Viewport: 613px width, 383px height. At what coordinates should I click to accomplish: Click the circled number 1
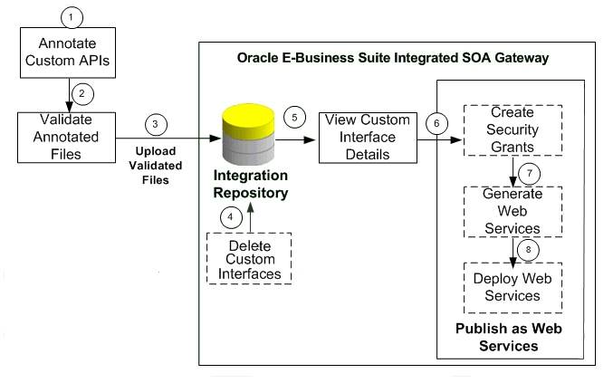pyautogui.click(x=72, y=17)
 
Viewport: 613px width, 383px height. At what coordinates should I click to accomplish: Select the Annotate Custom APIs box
pyautogui.click(x=68, y=53)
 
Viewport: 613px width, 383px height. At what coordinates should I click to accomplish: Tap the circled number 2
pyautogui.click(x=82, y=94)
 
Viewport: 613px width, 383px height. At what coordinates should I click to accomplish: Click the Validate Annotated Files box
pyautogui.click(x=66, y=138)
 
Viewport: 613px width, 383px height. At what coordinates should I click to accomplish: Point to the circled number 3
pyautogui.click(x=156, y=125)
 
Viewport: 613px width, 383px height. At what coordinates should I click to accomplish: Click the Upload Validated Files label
pyautogui.click(x=156, y=166)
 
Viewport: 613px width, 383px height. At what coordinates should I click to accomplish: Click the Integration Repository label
pyautogui.click(x=251, y=184)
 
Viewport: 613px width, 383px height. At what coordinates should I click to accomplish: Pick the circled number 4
pyautogui.click(x=231, y=217)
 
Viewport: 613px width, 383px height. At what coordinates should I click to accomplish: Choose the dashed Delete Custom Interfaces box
pyautogui.click(x=249, y=258)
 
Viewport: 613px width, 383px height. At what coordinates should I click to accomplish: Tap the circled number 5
pyautogui.click(x=294, y=117)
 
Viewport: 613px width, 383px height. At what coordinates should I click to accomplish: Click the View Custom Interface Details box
pyautogui.click(x=368, y=138)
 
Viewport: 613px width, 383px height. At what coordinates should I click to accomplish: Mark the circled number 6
pyautogui.click(x=436, y=123)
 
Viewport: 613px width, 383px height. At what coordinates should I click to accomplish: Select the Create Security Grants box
pyautogui.click(x=512, y=130)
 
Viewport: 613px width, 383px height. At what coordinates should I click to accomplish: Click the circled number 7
pyautogui.click(x=530, y=174)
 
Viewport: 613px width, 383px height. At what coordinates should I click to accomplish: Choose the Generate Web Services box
pyautogui.click(x=512, y=212)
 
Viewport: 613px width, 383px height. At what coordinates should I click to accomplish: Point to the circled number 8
pyautogui.click(x=528, y=250)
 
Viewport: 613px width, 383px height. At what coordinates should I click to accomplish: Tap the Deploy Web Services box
pyautogui.click(x=512, y=288)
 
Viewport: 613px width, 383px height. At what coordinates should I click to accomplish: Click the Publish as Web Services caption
pyautogui.click(x=509, y=337)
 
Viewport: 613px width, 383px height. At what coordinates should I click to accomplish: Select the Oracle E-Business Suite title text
pyautogui.click(x=393, y=58)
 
